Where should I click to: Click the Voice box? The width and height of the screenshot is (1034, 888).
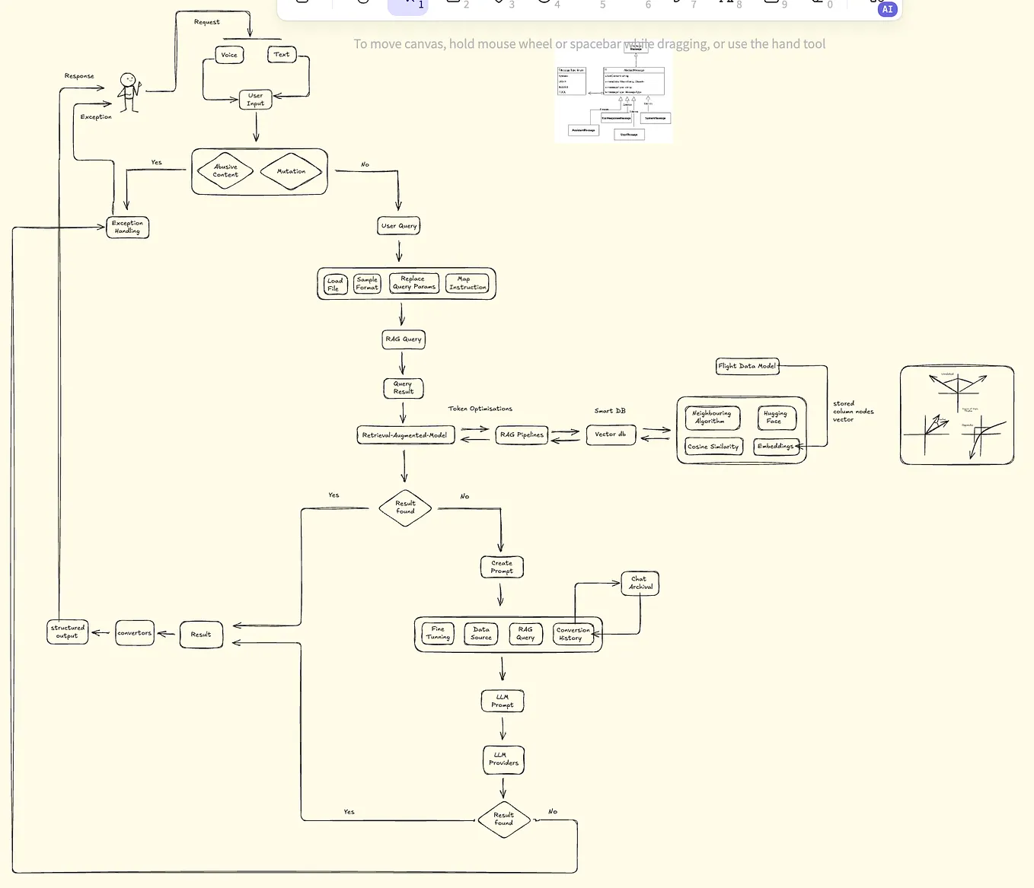[x=229, y=55]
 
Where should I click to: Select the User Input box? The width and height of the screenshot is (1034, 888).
[x=255, y=100]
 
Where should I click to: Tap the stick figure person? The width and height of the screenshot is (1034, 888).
[x=129, y=92]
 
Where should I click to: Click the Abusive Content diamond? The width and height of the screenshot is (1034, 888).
[x=225, y=171]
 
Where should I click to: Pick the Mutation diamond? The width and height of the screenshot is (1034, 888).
[x=291, y=172]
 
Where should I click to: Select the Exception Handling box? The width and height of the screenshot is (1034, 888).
[x=127, y=228]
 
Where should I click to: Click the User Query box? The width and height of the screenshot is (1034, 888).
[x=399, y=226]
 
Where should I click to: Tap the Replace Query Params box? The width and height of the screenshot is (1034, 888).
[x=414, y=283]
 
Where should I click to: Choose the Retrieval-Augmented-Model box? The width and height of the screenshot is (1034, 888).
[x=405, y=435]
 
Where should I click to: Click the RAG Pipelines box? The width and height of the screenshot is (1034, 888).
[x=522, y=435]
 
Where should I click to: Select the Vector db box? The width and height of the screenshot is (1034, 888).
[x=611, y=434]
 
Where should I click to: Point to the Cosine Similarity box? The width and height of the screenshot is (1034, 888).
[x=713, y=447]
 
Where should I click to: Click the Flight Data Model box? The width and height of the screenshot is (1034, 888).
[x=747, y=366]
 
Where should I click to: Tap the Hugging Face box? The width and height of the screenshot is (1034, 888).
[x=776, y=418]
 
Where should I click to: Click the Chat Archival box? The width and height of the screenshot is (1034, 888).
[x=640, y=584]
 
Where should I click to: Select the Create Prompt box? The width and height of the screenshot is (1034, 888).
[x=502, y=567]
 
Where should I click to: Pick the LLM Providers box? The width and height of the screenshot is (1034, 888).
[x=503, y=759]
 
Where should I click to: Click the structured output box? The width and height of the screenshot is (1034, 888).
[x=68, y=632]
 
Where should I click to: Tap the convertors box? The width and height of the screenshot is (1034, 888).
[x=135, y=633]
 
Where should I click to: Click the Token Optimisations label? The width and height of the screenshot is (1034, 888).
[x=480, y=409]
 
